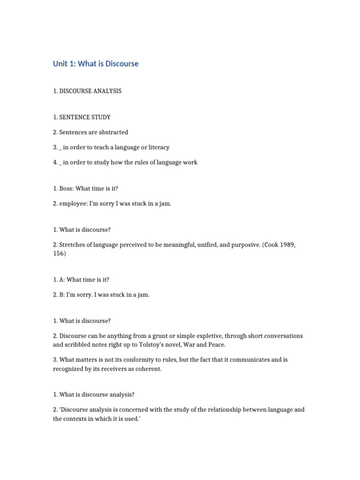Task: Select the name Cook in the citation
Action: pyautogui.click(x=270, y=245)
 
